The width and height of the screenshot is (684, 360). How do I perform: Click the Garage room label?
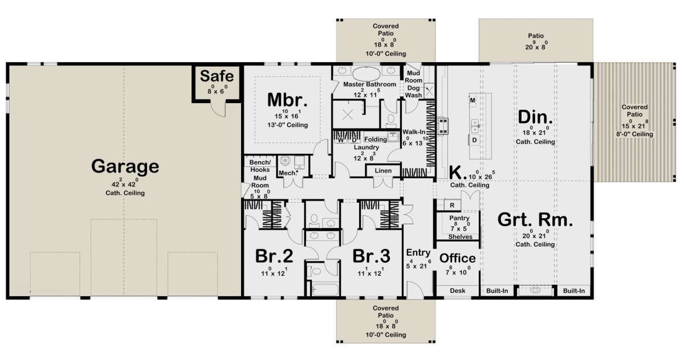click(125, 166)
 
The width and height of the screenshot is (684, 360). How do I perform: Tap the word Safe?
click(217, 76)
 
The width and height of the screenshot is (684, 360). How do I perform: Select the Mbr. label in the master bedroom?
click(287, 100)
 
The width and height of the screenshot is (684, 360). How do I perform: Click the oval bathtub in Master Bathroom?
click(366, 74)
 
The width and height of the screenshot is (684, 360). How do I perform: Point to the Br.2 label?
click(274, 256)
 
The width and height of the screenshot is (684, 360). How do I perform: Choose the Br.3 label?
click(371, 256)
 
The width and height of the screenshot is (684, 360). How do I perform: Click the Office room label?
click(457, 259)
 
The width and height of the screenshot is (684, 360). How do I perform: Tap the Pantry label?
click(459, 218)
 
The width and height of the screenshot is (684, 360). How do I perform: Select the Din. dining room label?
click(535, 117)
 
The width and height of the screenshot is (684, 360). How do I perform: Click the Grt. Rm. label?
click(535, 220)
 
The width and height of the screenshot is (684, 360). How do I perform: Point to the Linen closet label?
click(383, 171)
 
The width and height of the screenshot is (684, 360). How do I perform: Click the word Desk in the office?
click(457, 291)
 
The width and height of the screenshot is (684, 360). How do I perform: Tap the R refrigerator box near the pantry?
click(452, 205)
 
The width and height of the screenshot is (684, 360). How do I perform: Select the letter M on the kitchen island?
click(473, 100)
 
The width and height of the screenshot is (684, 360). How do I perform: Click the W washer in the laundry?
click(340, 140)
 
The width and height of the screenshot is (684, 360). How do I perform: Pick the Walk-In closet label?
click(414, 132)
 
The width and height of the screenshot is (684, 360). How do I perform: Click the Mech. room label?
click(288, 173)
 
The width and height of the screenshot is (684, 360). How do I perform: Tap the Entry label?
click(418, 253)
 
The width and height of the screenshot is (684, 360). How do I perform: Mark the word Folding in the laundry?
click(375, 140)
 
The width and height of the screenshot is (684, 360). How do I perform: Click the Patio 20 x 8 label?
click(536, 42)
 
